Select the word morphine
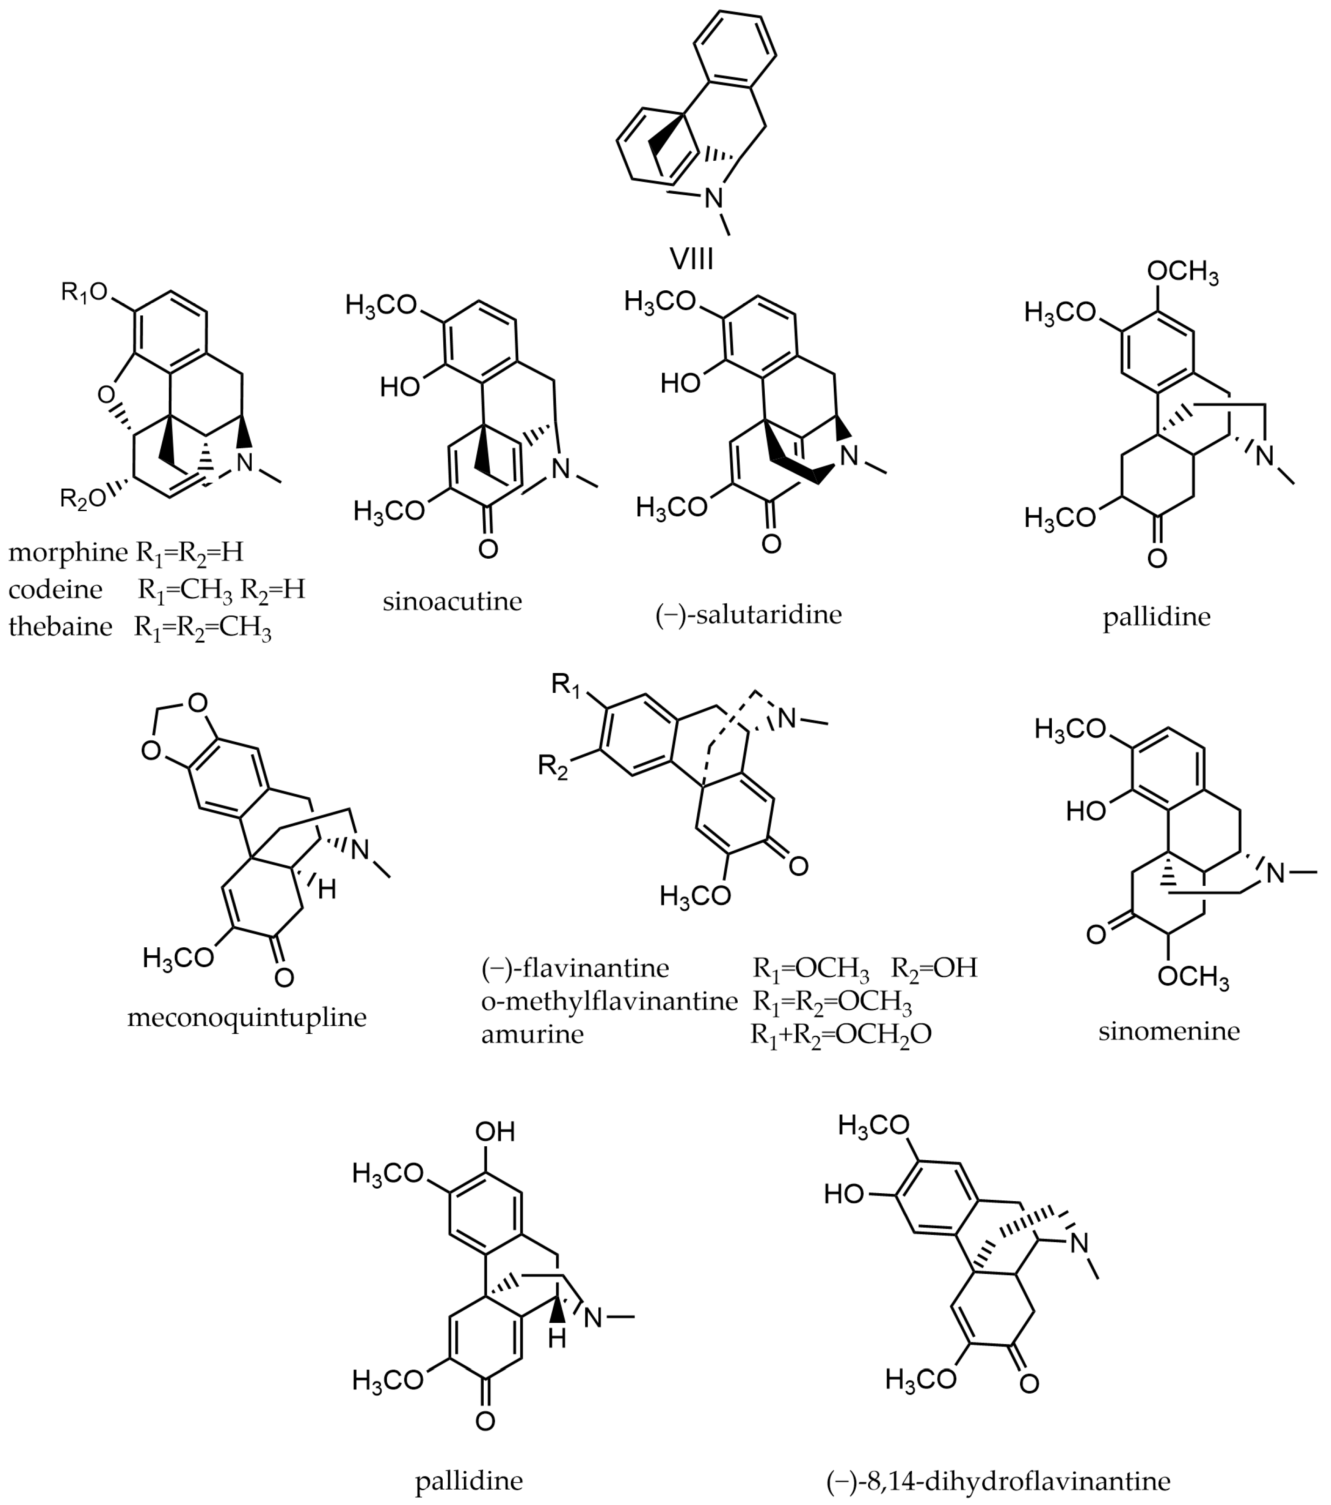[68, 552]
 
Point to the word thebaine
[61, 627]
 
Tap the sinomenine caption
[1169, 1031]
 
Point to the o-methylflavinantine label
[609, 1001]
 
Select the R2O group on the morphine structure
[82, 499]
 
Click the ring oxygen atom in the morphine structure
[106, 396]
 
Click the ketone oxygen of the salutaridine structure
[770, 544]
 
